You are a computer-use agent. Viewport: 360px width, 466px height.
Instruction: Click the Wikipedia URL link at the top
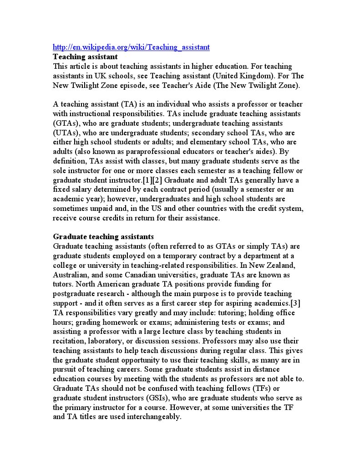tap(131, 47)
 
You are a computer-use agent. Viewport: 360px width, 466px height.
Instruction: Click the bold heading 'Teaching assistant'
tap(85, 57)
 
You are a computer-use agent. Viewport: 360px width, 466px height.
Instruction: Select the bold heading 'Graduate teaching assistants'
tap(103, 237)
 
